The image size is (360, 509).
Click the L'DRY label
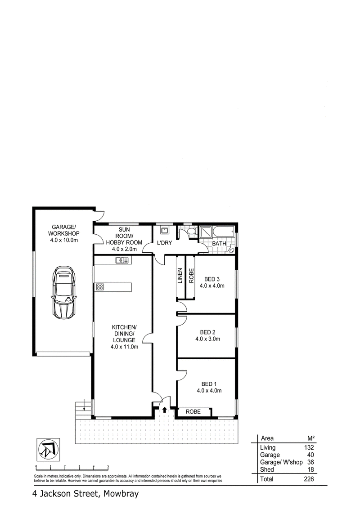[x=165, y=243]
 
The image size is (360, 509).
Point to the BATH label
[x=219, y=244]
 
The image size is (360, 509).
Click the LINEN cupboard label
[x=180, y=276]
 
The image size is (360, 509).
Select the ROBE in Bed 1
[x=193, y=411]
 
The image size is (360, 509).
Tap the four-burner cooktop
[x=100, y=286]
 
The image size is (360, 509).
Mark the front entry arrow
[x=164, y=410]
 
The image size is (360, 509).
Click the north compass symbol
[x=47, y=449]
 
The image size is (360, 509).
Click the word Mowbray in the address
[x=121, y=494]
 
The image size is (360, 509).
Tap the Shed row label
[x=267, y=469]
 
